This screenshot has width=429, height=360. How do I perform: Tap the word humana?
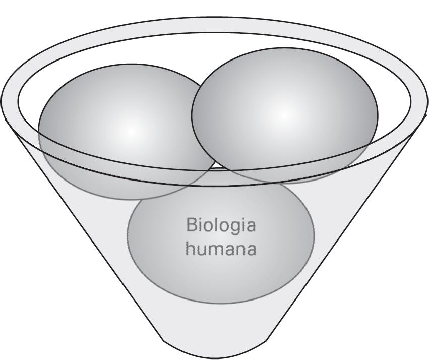click(x=221, y=249)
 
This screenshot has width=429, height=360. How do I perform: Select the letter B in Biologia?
click(x=191, y=225)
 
